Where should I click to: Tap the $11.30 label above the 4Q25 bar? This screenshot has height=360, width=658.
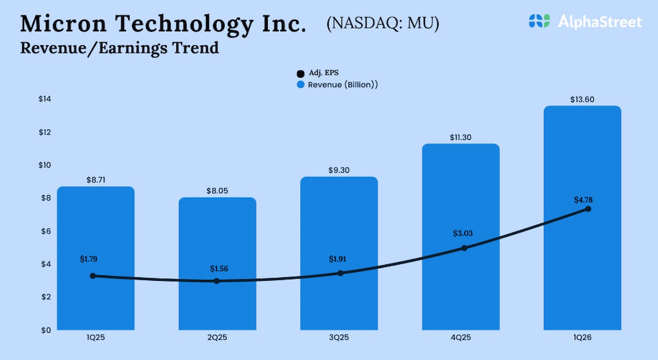(460, 137)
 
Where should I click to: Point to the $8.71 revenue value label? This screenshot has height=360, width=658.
(95, 181)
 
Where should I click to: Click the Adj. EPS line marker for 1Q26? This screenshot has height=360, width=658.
(588, 209)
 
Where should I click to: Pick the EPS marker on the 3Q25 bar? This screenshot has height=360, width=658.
(340, 273)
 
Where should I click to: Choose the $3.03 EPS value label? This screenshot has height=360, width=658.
(463, 233)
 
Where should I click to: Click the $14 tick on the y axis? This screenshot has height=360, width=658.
(45, 99)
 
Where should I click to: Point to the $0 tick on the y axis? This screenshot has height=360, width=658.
(47, 330)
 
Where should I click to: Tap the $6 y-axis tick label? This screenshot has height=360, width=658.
(46, 231)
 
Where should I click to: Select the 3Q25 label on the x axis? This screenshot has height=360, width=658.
(339, 337)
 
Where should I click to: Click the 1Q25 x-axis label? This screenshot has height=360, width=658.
(95, 337)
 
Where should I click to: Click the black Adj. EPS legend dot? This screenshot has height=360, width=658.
(301, 74)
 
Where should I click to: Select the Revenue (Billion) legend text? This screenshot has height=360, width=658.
(343, 85)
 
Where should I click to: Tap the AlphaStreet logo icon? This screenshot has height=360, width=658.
(539, 21)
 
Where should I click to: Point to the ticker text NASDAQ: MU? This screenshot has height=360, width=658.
(382, 24)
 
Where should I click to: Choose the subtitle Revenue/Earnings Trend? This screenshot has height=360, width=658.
(119, 48)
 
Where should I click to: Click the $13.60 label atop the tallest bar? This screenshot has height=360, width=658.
(582, 99)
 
